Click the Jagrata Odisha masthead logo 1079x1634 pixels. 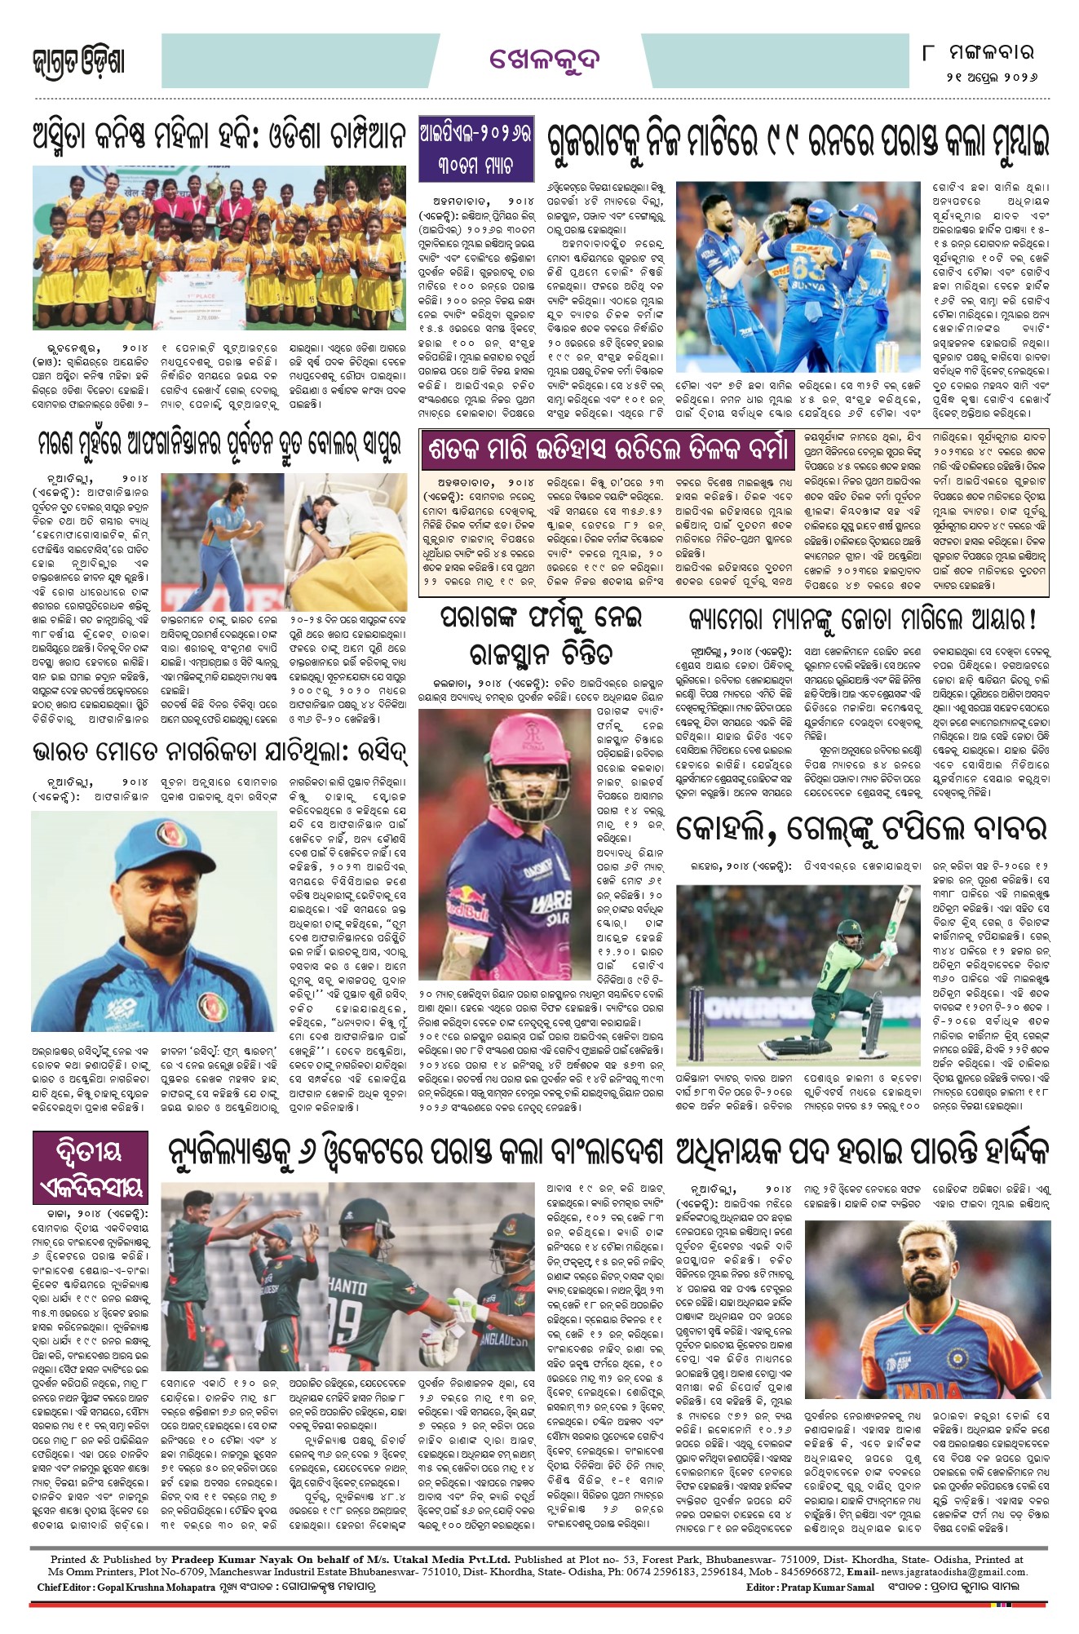click(78, 61)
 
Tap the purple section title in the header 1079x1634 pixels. click(545, 60)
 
